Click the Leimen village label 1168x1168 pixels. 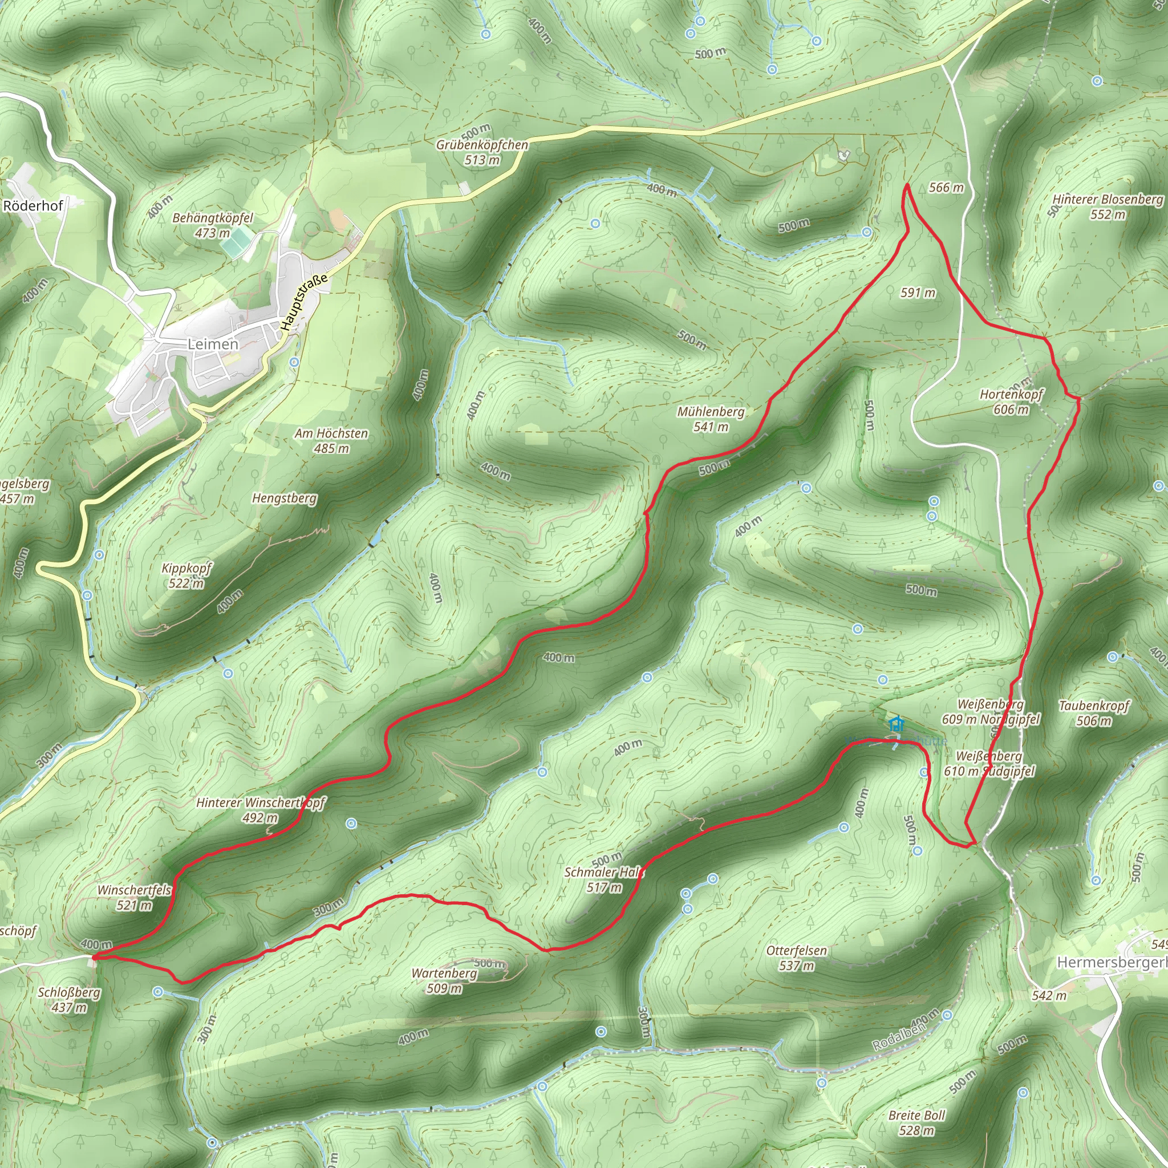tap(213, 344)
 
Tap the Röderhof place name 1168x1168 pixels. tap(33, 205)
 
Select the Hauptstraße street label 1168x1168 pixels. tap(304, 302)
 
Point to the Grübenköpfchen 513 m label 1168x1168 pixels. tap(482, 152)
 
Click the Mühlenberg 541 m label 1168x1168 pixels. tap(711, 419)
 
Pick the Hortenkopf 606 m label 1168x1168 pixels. tap(1011, 401)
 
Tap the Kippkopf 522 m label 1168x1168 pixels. tap(186, 575)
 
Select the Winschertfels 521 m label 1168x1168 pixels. tap(134, 897)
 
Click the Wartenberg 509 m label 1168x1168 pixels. tap(444, 980)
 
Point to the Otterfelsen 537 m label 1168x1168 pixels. tap(796, 958)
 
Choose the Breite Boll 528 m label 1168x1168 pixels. tap(916, 1122)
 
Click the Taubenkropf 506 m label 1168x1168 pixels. tap(1094, 713)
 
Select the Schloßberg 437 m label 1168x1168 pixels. tap(69, 999)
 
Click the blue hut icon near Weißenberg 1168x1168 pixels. tap(896, 723)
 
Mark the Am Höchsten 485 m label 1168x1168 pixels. tap(331, 441)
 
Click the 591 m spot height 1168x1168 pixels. tap(918, 293)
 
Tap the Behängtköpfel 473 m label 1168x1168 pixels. tap(212, 225)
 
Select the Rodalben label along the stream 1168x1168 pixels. tap(898, 1037)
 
